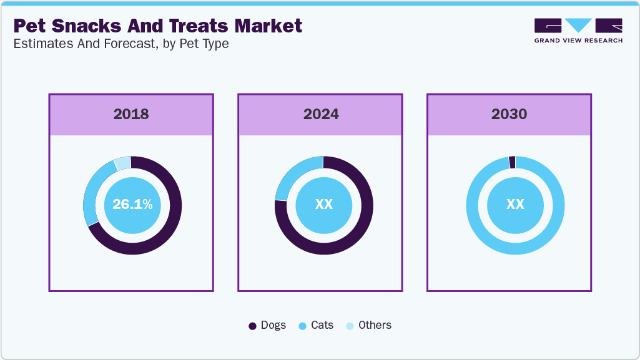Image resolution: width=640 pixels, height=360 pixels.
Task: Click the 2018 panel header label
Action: pos(131,114)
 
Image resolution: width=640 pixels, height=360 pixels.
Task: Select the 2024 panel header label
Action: pos(321,114)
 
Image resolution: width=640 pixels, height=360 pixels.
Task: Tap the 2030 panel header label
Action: pos(509,114)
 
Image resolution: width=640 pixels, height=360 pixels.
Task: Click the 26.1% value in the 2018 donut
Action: pos(132,205)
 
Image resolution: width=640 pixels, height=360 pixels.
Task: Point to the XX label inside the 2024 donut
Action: pos(323,205)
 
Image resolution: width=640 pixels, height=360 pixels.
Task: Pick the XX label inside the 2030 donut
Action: pos(515,205)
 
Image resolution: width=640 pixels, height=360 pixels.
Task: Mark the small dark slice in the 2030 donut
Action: pos(512,162)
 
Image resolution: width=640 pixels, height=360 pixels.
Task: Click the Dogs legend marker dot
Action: pos(252,326)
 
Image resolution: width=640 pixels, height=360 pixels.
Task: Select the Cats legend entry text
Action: pos(322,325)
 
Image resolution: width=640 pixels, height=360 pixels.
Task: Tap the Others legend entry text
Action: pos(375,325)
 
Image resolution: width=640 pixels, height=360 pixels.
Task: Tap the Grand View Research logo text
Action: pos(578,41)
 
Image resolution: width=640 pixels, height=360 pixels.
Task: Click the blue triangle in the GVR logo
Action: pos(579,25)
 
